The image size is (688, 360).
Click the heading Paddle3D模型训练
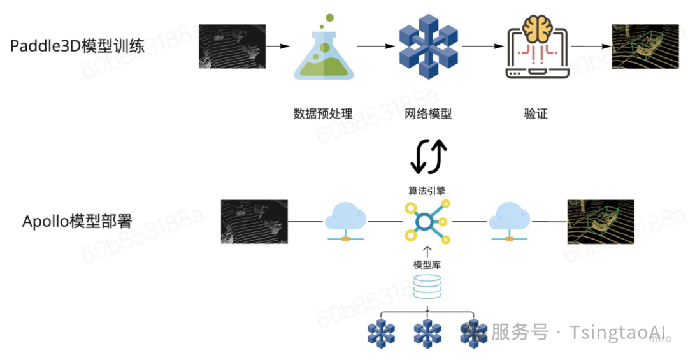tap(78, 47)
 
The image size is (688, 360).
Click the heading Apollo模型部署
tap(77, 222)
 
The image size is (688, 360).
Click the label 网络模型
tap(428, 114)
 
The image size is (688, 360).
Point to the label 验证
tap(536, 114)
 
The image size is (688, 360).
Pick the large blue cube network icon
tap(428, 46)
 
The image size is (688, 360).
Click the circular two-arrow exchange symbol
tap(428, 156)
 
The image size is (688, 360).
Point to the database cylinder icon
tap(427, 288)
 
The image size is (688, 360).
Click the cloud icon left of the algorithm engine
tap(345, 222)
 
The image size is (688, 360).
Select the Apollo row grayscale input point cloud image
tap(254, 222)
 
